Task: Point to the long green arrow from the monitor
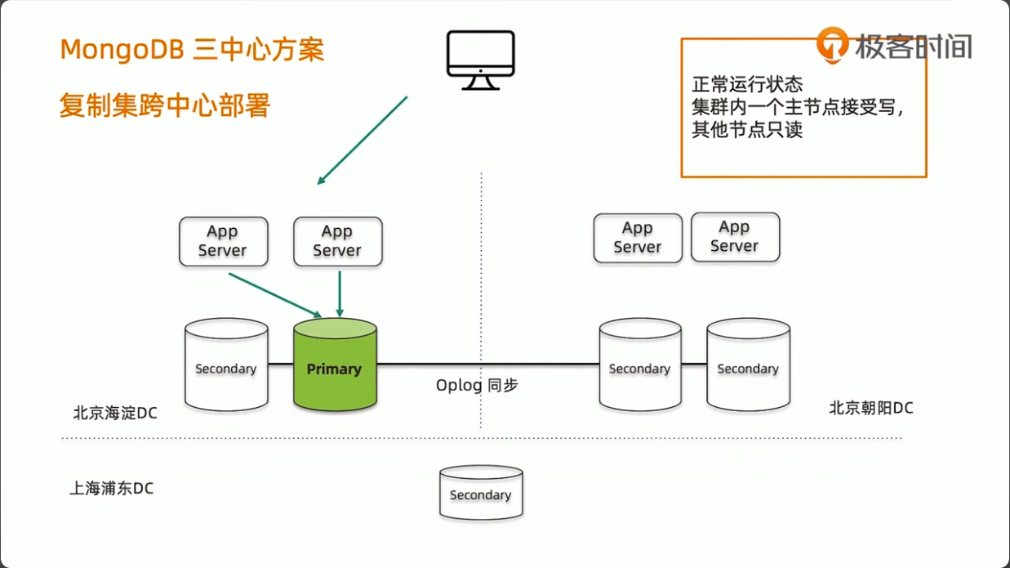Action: pyautogui.click(x=362, y=140)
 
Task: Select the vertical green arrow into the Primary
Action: pyautogui.click(x=340, y=293)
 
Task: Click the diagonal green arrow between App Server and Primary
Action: pyautogui.click(x=275, y=295)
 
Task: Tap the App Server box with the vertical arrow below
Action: pyautogui.click(x=337, y=241)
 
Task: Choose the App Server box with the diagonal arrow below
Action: pyautogui.click(x=223, y=241)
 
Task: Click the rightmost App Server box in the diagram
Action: pyautogui.click(x=735, y=237)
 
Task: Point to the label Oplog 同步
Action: pyautogui.click(x=477, y=385)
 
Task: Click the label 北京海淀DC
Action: pyautogui.click(x=115, y=414)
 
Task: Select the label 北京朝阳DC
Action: pyautogui.click(x=871, y=408)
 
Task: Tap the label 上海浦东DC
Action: pyautogui.click(x=112, y=489)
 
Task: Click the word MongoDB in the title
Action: pyautogui.click(x=122, y=50)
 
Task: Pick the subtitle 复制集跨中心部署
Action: pyautogui.click(x=164, y=106)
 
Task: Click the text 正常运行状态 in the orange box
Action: pyautogui.click(x=747, y=84)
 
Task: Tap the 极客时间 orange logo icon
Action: pyautogui.click(x=833, y=45)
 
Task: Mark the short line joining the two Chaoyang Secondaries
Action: pyautogui.click(x=694, y=364)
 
